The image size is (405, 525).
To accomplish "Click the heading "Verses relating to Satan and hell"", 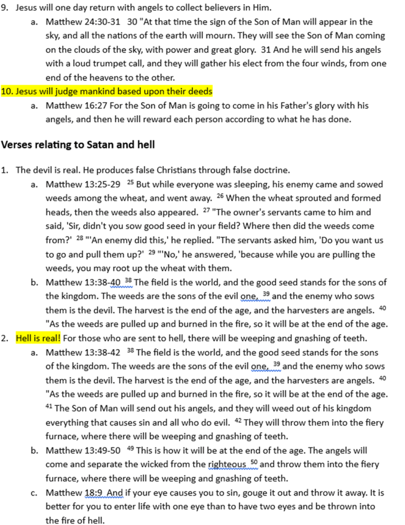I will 78,145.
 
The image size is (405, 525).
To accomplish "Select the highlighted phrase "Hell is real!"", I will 38,339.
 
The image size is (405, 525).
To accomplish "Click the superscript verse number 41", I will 49,407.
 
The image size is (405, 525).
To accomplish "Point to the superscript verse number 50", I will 254,463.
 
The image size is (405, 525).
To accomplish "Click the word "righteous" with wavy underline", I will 226,464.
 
